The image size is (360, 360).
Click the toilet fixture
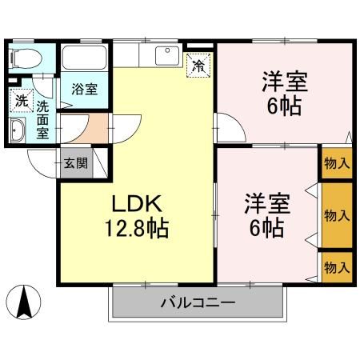point(24,58)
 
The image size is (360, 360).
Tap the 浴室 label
point(85,89)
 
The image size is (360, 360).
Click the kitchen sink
point(167,56)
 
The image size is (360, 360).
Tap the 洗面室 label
point(42,119)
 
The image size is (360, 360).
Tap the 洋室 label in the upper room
point(285,82)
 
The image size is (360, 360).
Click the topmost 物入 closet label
point(336,163)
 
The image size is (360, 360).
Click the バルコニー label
point(196,303)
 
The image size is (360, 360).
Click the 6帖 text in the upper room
point(285,106)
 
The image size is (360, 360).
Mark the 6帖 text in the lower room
point(266,228)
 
